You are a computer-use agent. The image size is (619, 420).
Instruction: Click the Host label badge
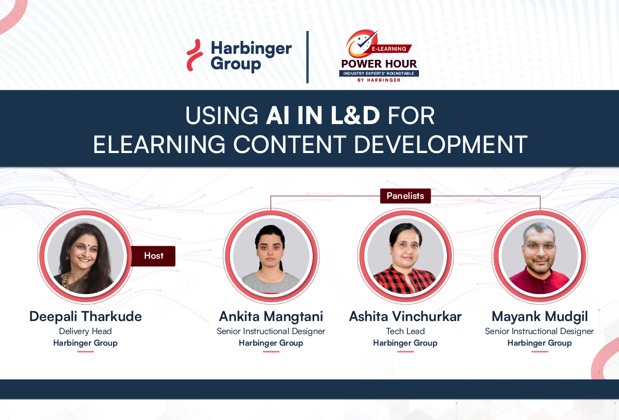coord(153,256)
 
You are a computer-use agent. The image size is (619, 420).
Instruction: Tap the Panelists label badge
coord(405,196)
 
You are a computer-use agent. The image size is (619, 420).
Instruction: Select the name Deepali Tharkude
coord(86,317)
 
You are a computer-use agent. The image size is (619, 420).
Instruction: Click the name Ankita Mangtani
coord(271,317)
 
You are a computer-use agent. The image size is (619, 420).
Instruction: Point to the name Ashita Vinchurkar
coord(405,317)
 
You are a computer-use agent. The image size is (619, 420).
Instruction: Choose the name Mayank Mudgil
coord(539,317)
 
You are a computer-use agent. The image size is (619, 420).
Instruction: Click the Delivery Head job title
coord(85,331)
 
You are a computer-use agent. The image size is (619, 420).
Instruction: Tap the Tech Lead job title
coord(405,331)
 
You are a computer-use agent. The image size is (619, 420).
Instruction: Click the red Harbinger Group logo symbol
coord(195,56)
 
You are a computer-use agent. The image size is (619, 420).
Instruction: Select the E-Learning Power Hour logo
coord(379,56)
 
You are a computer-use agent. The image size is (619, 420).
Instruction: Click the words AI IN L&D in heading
coord(323,116)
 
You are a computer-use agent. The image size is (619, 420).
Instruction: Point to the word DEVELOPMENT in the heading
coord(440,145)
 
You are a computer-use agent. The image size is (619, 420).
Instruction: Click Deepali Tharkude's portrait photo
coord(86,256)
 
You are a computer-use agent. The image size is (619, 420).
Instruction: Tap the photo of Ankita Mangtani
coord(271,256)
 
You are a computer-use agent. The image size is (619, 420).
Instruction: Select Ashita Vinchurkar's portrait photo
coord(405,256)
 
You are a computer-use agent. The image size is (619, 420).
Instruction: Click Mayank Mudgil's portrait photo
coord(539,256)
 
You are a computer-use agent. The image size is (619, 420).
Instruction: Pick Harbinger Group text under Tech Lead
coord(405,343)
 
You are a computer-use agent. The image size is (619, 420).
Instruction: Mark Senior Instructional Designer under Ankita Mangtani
coord(271,331)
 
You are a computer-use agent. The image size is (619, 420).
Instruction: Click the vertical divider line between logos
coord(307,57)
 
